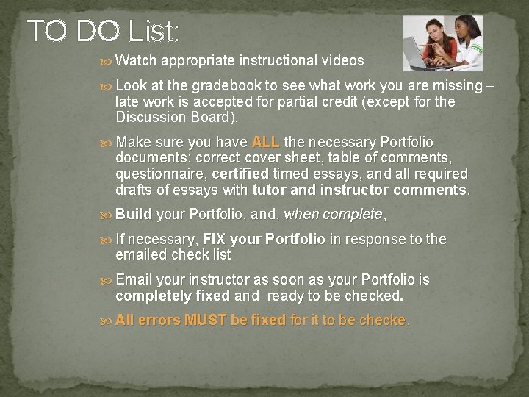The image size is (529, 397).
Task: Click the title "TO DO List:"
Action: (103, 31)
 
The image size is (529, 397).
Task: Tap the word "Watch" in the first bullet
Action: (136, 60)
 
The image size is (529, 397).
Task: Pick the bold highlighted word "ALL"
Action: (265, 142)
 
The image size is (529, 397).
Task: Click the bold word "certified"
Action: (240, 174)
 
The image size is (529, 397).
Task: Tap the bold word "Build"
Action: (134, 215)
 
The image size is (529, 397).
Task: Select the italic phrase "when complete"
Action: (332, 215)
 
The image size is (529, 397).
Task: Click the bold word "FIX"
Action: (214, 239)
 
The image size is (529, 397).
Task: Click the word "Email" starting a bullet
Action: (134, 280)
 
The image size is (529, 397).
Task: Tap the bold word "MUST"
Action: (206, 321)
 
